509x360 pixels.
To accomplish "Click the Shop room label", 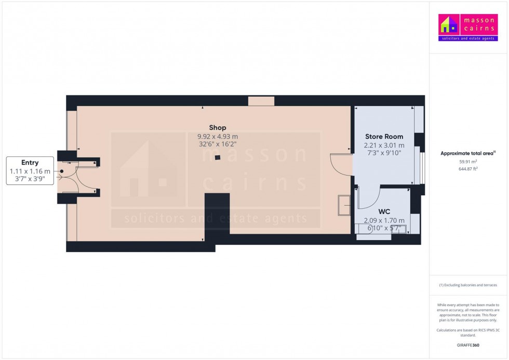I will [x=217, y=127].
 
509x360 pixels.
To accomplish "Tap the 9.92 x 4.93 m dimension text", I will [x=218, y=136].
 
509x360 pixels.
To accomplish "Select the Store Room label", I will [x=384, y=137].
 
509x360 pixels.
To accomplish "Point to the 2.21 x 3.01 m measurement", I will [x=384, y=145].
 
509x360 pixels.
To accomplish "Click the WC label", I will [x=384, y=211].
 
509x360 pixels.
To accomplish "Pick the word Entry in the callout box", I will [x=30, y=163].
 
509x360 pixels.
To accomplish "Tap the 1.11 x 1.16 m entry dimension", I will [x=30, y=171].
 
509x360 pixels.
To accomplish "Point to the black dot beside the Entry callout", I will [x=61, y=171].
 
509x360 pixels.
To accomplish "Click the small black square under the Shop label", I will [x=218, y=157].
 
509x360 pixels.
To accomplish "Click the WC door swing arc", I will [x=367, y=200].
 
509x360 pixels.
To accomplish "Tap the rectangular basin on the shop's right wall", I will [x=344, y=205].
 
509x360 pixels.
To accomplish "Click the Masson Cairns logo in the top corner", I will [x=468, y=28].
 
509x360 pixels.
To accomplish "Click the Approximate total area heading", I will [x=467, y=153].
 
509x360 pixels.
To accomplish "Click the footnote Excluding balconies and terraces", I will [x=468, y=285].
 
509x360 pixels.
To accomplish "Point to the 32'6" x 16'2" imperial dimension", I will [x=218, y=144].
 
